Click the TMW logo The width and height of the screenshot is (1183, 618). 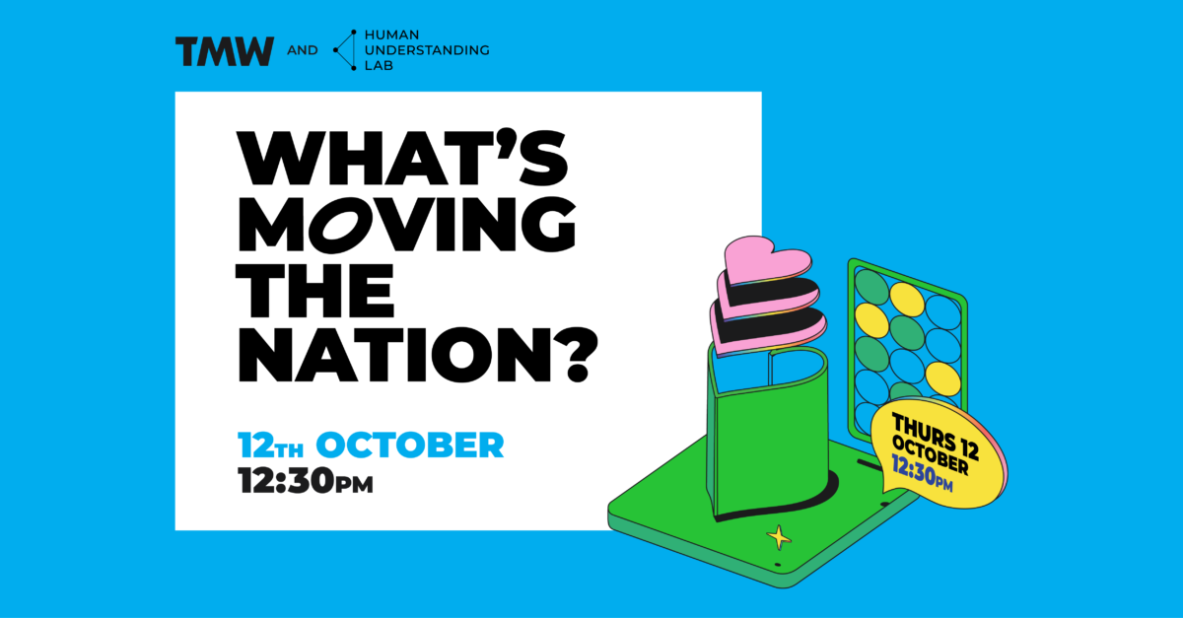pyautogui.click(x=225, y=51)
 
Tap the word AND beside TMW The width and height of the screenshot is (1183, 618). pyautogui.click(x=303, y=50)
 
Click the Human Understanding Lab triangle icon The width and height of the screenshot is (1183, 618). pyautogui.click(x=345, y=50)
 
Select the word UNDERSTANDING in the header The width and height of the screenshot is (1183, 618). pyautogui.click(x=427, y=50)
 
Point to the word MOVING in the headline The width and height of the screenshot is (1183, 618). pyautogui.click(x=406, y=225)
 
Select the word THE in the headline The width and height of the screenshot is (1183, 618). pyautogui.click(x=315, y=291)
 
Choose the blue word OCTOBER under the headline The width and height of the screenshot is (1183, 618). pyautogui.click(x=410, y=445)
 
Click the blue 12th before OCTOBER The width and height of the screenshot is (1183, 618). pyautogui.click(x=270, y=445)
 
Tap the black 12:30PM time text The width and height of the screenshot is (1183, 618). pyautogui.click(x=306, y=480)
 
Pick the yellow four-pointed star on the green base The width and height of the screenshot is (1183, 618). pyautogui.click(x=779, y=538)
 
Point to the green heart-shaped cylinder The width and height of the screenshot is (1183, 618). pyautogui.click(x=768, y=433)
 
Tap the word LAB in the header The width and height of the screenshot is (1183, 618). pyautogui.click(x=380, y=66)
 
